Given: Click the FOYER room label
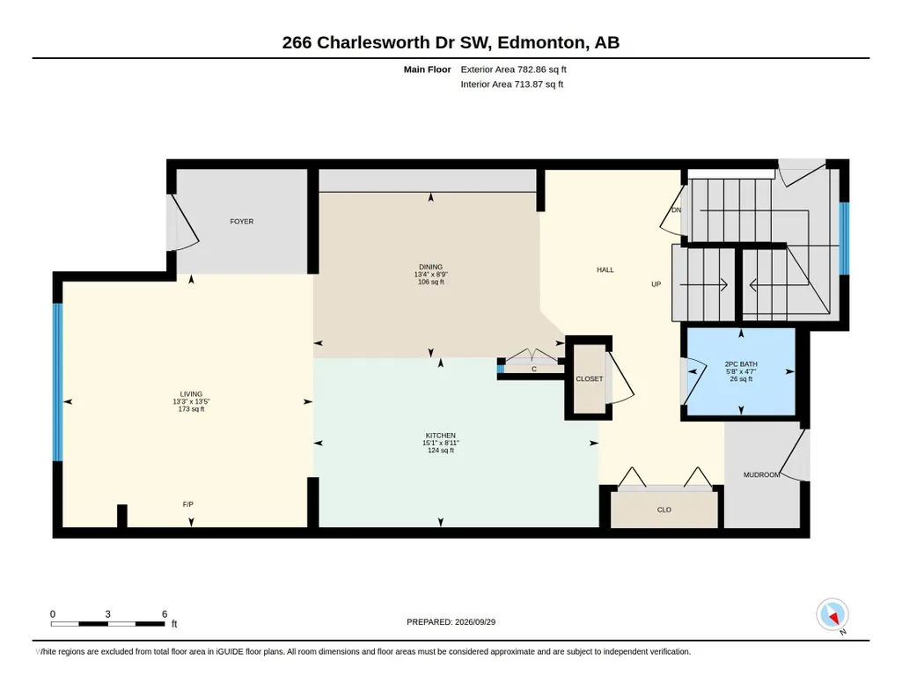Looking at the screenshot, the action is pos(242,222).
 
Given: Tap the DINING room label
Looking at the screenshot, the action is pos(431,267).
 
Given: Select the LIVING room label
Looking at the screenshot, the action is pos(191,394).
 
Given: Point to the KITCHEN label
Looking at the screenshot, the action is pos(441,436).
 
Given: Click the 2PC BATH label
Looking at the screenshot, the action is pos(741,364).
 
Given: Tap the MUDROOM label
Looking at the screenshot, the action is pos(761,475).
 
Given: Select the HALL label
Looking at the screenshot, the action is pos(605,269).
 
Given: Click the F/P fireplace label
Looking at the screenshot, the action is pos(188,504).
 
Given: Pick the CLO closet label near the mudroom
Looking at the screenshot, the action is pos(664,510).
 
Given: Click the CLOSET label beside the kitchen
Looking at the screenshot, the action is pos(590,379).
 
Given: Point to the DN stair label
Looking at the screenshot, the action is pos(677,210).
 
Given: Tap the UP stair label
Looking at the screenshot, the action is pos(656,284).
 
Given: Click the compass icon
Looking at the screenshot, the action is pos(832,615).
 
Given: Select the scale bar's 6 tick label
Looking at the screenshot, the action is pos(165,614).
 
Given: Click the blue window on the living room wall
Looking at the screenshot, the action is pos(57,383).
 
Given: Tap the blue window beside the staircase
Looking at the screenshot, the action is pos(844,238).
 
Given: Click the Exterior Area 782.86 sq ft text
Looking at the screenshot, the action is pos(514,70).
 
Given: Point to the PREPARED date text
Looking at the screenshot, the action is pos(451,621).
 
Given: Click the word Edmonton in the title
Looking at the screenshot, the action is pos(539,42).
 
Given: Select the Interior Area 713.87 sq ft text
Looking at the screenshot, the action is pos(512,84).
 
